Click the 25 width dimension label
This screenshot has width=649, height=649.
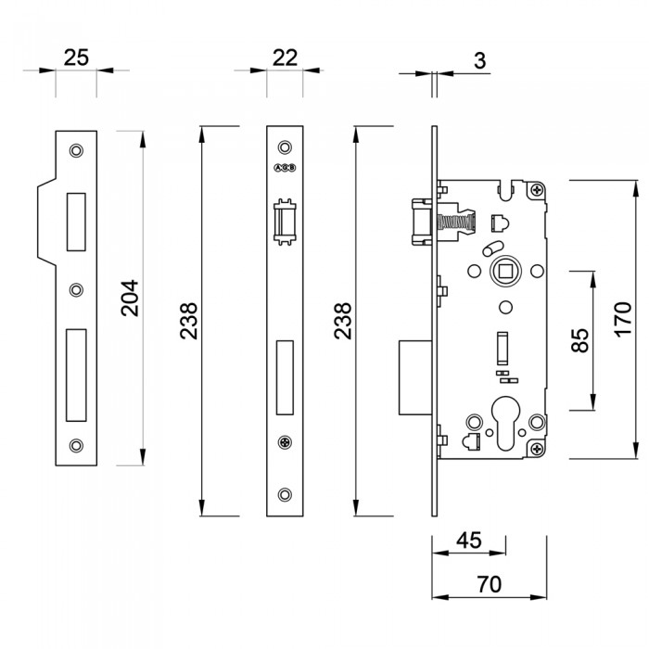click(76, 57)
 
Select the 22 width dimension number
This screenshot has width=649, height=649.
click(285, 57)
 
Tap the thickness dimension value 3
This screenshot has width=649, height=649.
click(479, 61)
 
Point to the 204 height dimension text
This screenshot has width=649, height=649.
click(129, 298)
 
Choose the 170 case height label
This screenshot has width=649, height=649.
click(622, 319)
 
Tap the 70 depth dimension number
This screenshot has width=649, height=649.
click(489, 585)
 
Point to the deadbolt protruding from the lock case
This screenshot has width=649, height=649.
click(413, 377)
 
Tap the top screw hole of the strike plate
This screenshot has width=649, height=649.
click(76, 149)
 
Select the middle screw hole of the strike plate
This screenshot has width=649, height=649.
click(76, 288)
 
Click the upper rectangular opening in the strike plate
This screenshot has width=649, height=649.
click(76, 221)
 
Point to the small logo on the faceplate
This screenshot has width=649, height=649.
click(285, 168)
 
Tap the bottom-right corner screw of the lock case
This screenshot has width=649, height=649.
click(537, 449)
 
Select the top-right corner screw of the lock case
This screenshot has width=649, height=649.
click(537, 190)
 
